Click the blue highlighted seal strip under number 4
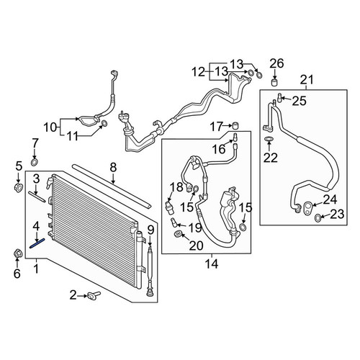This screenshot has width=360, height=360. tap(37, 243)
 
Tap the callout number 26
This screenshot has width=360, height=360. tap(276, 63)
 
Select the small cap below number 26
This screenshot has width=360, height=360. tap(274, 82)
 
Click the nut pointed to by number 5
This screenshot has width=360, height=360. tap(19, 187)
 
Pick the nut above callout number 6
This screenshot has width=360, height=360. tap(17, 254)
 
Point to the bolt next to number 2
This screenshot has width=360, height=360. tap(94, 295)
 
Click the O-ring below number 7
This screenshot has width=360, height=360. tap(35, 162)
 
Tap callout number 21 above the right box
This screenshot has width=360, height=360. tap(307, 79)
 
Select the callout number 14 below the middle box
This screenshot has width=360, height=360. tap(212, 264)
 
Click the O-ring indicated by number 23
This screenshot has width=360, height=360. tap(318, 217)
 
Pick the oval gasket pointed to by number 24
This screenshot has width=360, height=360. tap(307, 207)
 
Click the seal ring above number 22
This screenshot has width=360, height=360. tap(269, 138)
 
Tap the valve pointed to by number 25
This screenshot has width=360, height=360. tap(279, 97)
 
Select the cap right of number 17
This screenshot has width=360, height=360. tap(236, 126)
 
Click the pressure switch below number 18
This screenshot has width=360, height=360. tap(169, 206)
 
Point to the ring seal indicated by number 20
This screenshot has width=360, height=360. tap(178, 233)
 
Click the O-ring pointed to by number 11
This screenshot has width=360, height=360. tap(104, 124)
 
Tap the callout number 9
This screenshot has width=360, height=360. tap(150, 230)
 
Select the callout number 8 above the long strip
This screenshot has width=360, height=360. tap(113, 168)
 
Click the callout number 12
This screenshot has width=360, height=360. tap(198, 72)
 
